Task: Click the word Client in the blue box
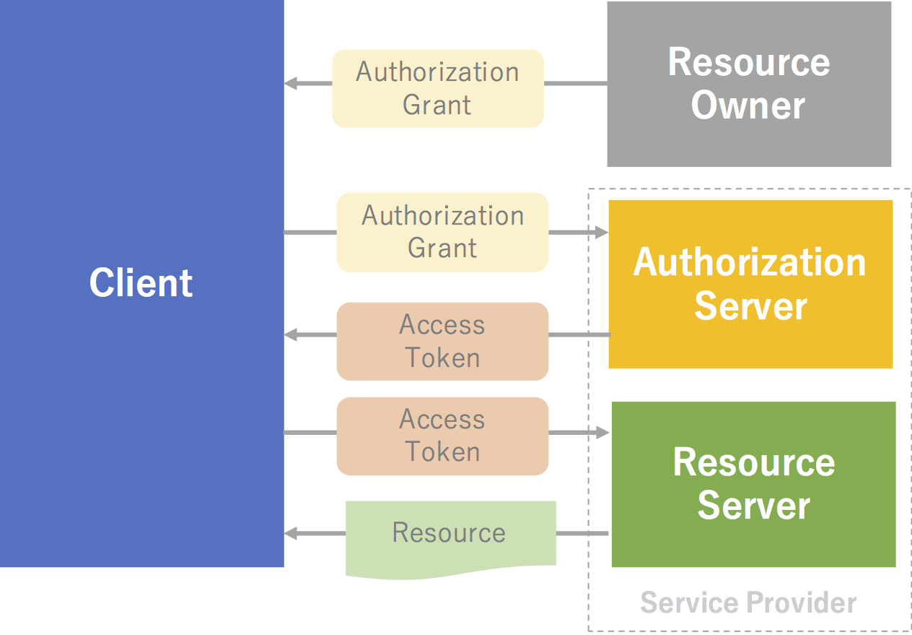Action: (x=141, y=282)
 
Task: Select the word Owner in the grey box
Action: (x=748, y=105)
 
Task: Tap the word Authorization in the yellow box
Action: (x=750, y=262)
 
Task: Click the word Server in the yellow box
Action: (x=750, y=306)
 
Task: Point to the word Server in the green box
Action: (x=753, y=505)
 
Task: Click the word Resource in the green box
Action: (x=753, y=462)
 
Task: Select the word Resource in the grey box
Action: (x=748, y=62)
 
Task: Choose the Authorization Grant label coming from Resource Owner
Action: (x=437, y=88)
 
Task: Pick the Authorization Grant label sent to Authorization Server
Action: (x=442, y=232)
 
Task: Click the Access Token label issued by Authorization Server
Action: (x=442, y=341)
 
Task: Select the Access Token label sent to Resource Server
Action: (x=442, y=436)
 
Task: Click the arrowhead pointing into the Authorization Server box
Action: (x=602, y=233)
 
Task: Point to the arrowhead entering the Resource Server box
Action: (x=603, y=433)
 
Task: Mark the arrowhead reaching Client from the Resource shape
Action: (x=291, y=534)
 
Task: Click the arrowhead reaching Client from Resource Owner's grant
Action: (x=291, y=84)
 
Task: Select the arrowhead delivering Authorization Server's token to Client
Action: (x=291, y=335)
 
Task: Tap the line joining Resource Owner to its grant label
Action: (x=575, y=84)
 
